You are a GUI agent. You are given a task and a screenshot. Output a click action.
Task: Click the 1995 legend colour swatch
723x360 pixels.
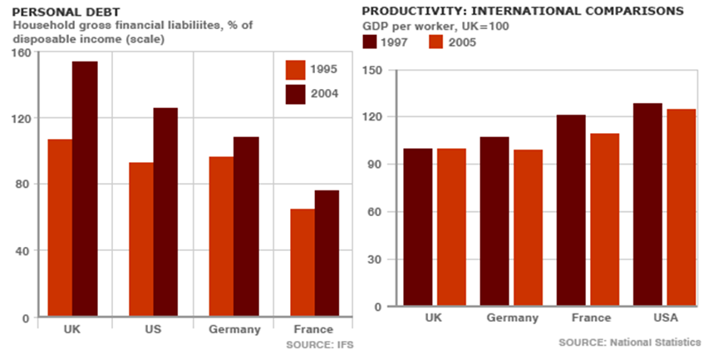[x=296, y=70]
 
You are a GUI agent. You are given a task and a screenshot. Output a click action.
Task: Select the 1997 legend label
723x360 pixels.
[x=396, y=42]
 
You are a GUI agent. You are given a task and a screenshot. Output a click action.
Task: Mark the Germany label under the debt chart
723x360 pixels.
[x=234, y=330]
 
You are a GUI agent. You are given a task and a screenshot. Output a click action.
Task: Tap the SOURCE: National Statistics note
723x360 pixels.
[x=629, y=343]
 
